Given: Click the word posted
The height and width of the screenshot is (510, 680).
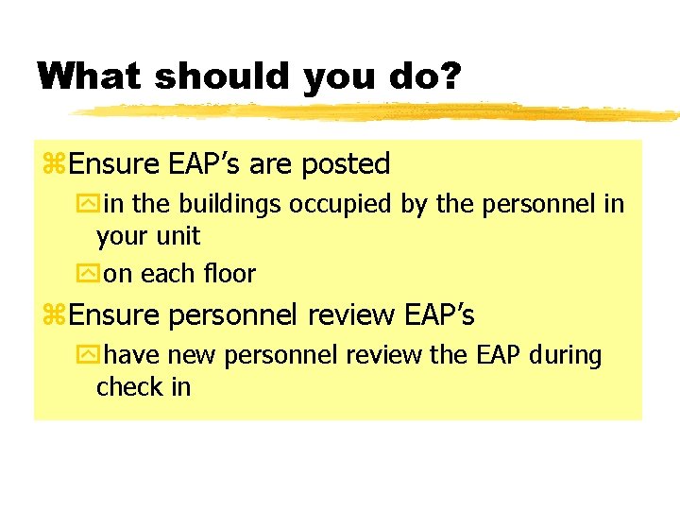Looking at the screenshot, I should (x=346, y=164).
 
